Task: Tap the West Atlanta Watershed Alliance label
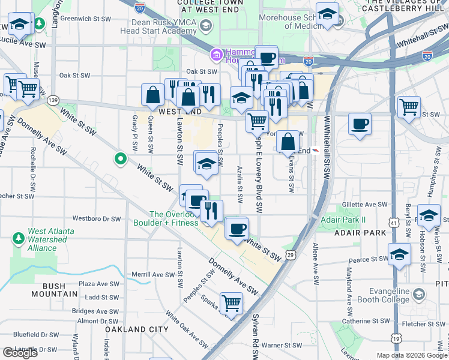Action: (x=50, y=239)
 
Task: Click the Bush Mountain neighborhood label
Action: (x=52, y=294)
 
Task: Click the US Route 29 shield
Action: (x=291, y=255)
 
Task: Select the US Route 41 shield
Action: (x=394, y=223)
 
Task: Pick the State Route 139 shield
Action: (x=53, y=100)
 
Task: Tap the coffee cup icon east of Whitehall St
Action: (x=360, y=124)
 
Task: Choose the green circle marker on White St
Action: (x=121, y=159)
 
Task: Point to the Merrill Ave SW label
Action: (x=153, y=275)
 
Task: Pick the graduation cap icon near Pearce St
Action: (x=400, y=254)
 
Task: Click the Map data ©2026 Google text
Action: (x=412, y=355)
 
